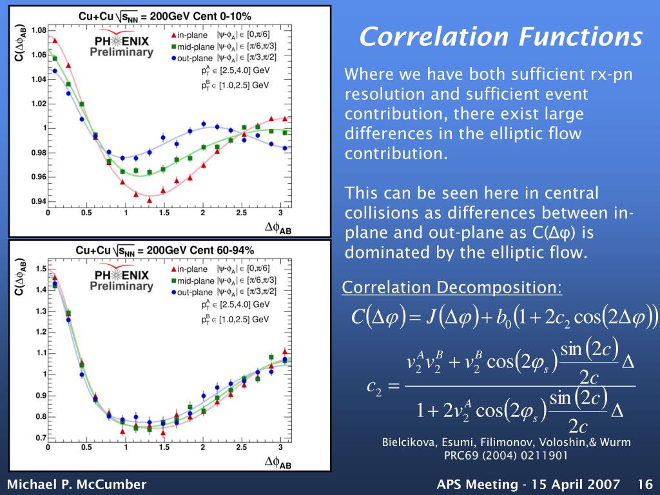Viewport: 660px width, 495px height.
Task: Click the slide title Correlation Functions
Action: pos(501,37)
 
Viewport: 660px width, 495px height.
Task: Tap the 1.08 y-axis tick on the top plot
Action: pos(37,30)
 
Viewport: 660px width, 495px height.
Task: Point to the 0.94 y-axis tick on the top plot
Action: pos(37,201)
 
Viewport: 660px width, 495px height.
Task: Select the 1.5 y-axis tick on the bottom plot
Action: pos(39,269)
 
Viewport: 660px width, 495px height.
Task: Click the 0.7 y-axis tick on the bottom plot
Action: pos(39,438)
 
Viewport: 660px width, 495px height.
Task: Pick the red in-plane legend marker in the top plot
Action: pos(174,34)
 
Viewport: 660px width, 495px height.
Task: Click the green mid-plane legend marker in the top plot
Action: pos(174,46)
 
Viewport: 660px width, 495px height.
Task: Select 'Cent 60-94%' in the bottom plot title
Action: pos(220,250)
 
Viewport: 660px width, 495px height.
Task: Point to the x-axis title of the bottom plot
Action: pos(278,461)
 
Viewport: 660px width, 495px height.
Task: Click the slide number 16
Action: pos(645,484)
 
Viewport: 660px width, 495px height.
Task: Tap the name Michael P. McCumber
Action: pos(77,484)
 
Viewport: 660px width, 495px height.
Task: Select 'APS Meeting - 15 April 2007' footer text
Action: pos(528,484)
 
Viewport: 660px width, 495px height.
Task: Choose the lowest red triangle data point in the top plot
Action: pos(150,200)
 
